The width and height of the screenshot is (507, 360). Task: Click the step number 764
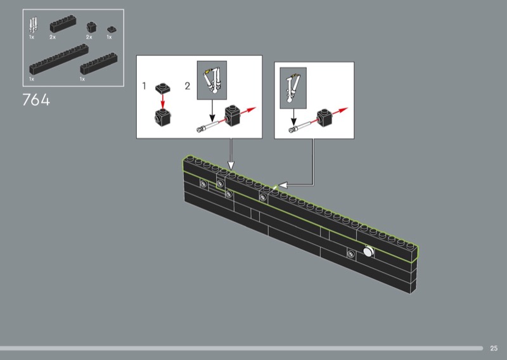(x=36, y=100)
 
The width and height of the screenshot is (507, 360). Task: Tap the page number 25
(x=494, y=349)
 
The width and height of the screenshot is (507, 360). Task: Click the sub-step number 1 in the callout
(x=144, y=86)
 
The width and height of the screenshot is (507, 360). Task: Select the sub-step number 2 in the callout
(x=188, y=86)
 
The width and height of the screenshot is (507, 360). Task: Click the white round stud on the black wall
(x=368, y=252)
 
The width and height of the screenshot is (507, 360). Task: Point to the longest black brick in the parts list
(x=59, y=59)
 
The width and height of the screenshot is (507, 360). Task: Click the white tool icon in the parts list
(x=33, y=25)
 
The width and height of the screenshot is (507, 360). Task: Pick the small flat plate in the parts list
(x=112, y=30)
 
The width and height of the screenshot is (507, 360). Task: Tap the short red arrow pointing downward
(x=163, y=101)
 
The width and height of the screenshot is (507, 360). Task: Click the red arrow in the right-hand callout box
(x=340, y=112)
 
